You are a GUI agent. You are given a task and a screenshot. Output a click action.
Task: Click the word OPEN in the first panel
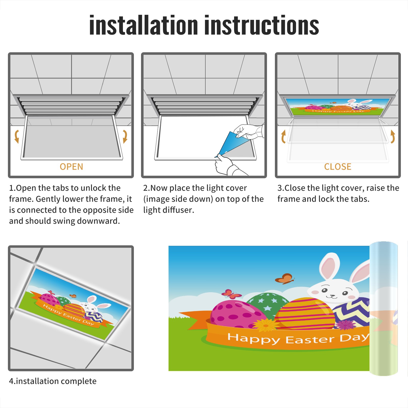(x=71, y=167)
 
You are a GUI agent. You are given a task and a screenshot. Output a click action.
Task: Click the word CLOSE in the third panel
(x=338, y=167)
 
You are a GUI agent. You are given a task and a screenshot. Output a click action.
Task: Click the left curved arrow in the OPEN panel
(x=17, y=136)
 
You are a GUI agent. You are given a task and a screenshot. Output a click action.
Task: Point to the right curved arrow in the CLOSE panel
(x=393, y=136)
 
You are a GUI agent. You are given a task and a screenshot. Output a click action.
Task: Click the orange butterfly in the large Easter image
(x=285, y=278)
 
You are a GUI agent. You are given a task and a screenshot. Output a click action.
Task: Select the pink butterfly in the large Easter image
(x=231, y=294)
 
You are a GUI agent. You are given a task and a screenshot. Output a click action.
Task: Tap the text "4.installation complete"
(x=53, y=381)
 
